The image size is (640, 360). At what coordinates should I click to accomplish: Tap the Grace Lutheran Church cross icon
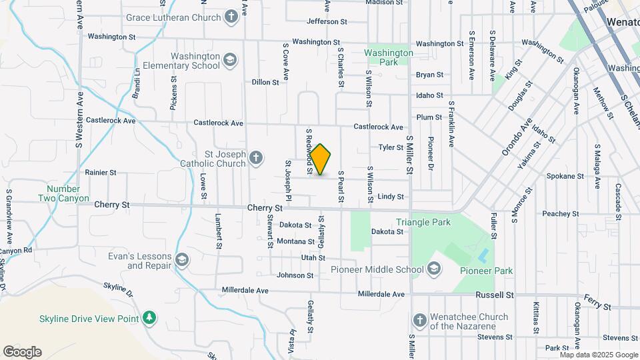click(x=231, y=17)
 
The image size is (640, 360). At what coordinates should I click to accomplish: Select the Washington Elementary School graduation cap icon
click(x=230, y=61)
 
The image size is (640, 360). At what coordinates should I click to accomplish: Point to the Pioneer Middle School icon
click(x=434, y=270)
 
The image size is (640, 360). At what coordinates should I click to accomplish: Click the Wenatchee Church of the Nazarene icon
click(x=419, y=321)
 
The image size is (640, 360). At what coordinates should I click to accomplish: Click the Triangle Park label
click(x=423, y=222)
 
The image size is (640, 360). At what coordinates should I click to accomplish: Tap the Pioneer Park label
click(x=487, y=271)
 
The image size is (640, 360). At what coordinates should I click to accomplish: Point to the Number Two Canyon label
click(x=63, y=193)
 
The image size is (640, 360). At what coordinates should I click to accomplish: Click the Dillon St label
click(x=265, y=82)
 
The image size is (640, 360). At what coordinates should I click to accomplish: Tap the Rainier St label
click(x=101, y=172)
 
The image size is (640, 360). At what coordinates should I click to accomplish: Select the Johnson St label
click(x=295, y=275)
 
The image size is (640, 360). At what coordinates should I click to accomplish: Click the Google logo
click(x=22, y=352)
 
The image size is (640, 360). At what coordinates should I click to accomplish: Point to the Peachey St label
click(x=560, y=213)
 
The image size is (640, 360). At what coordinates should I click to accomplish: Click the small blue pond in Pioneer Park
click(x=483, y=255)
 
